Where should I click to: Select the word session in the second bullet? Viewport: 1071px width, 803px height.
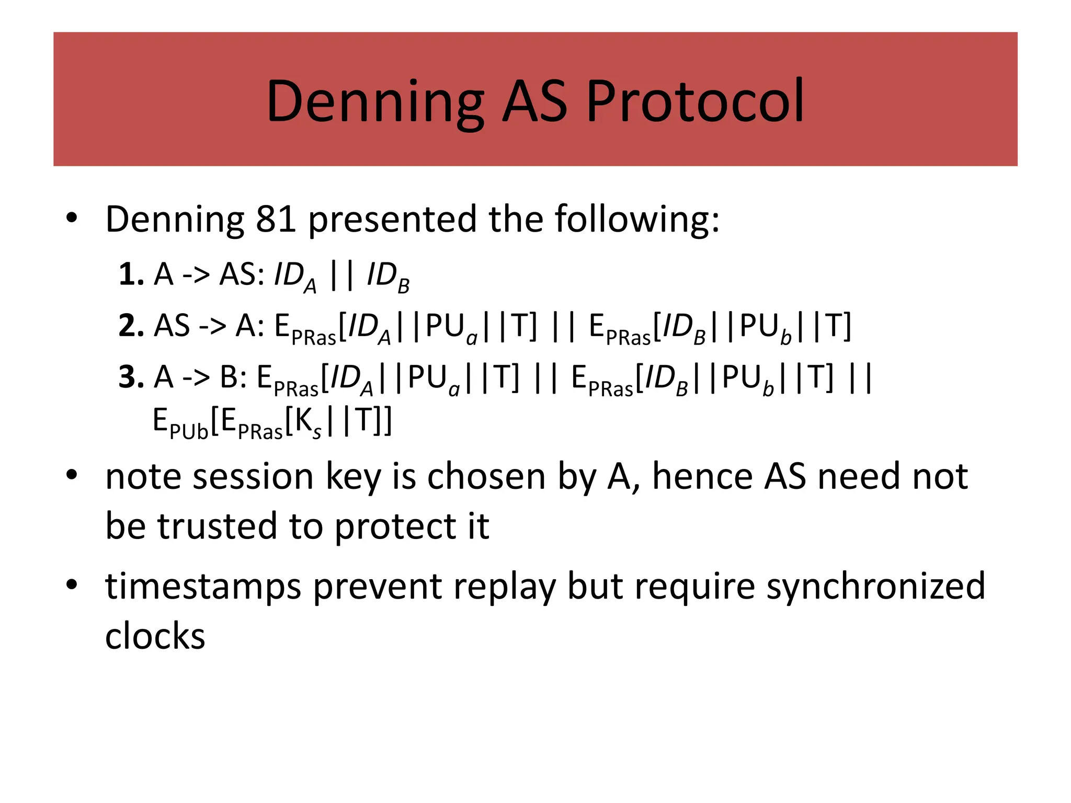(x=253, y=477)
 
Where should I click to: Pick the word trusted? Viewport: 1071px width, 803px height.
(x=218, y=526)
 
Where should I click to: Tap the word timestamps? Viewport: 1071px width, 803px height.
(x=203, y=587)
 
